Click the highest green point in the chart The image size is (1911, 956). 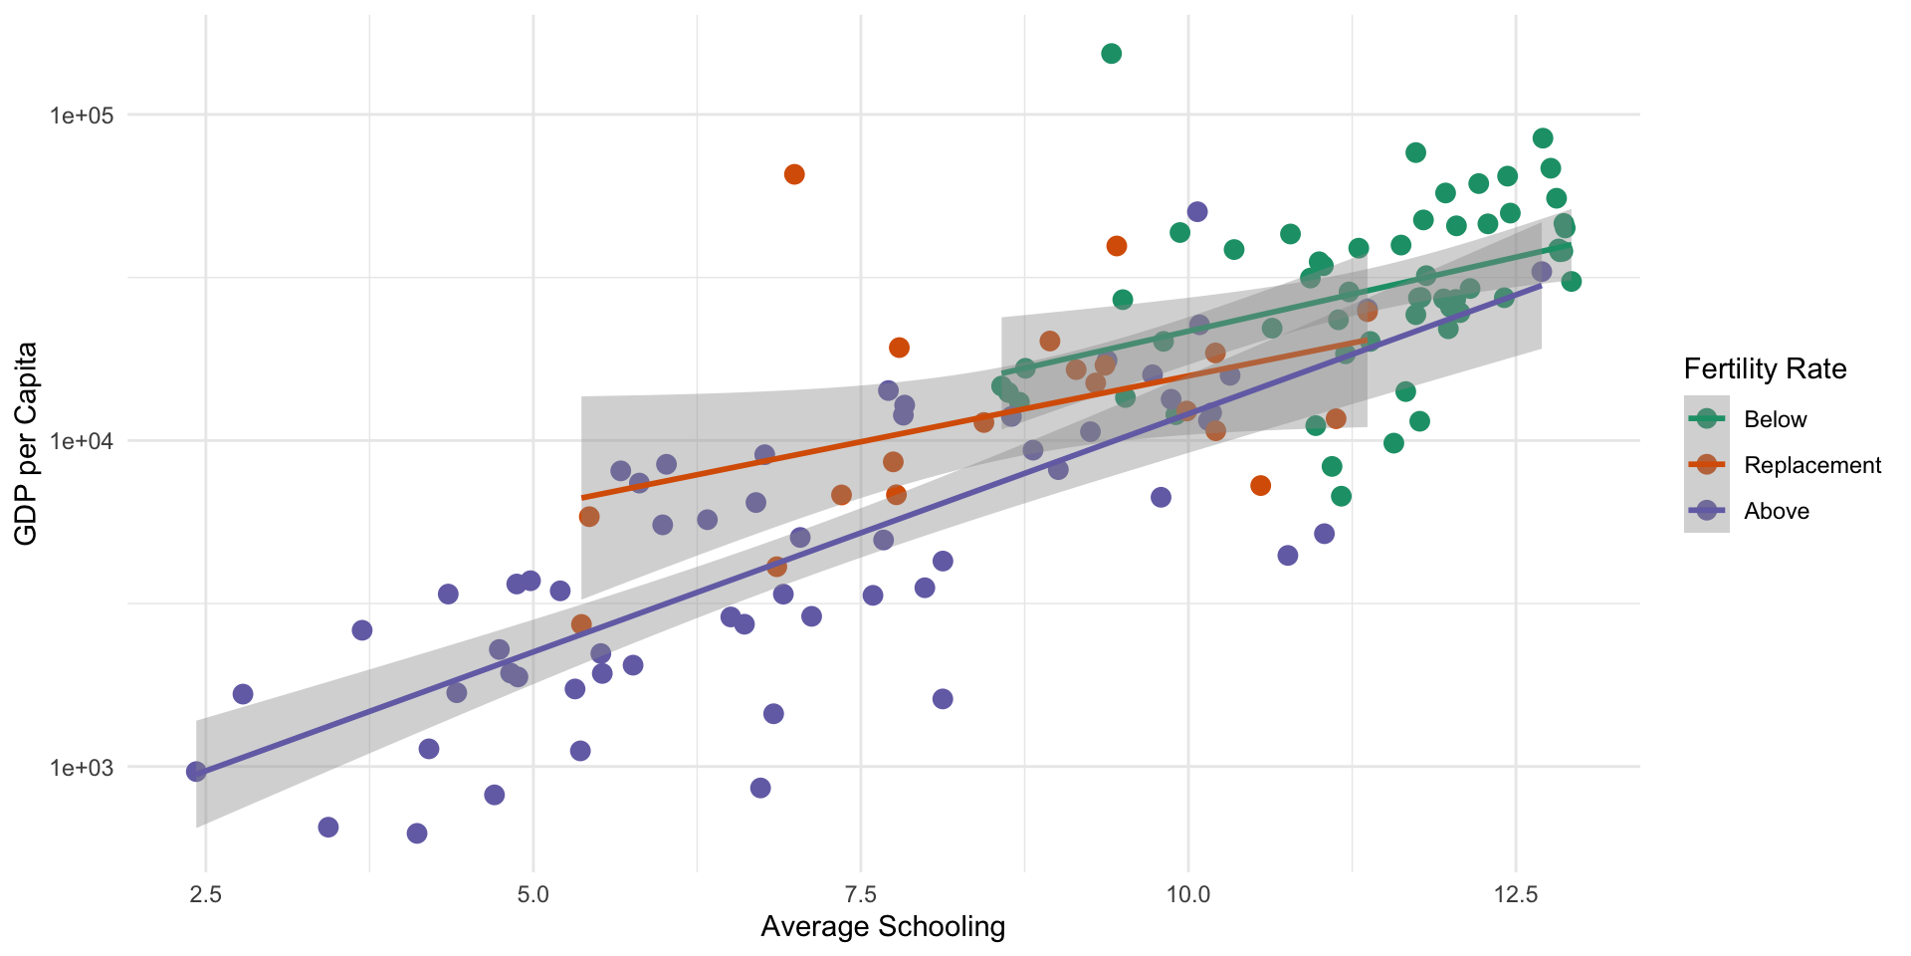point(1112,54)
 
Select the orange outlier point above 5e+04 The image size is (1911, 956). point(794,174)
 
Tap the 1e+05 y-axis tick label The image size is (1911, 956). point(82,116)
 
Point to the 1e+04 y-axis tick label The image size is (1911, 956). point(82,441)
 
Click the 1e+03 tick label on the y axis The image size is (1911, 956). point(82,768)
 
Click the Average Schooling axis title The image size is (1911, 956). point(883,927)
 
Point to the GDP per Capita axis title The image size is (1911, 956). point(27,443)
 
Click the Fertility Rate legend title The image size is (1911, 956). point(1765,369)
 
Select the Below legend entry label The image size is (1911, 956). point(1776,419)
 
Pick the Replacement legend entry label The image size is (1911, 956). point(1812,465)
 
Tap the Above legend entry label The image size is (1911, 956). point(1777,511)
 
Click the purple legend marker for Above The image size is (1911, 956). point(1707,511)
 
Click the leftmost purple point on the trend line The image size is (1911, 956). point(196,772)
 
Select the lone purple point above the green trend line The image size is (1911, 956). point(1197,212)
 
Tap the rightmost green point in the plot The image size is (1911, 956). point(1572,282)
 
